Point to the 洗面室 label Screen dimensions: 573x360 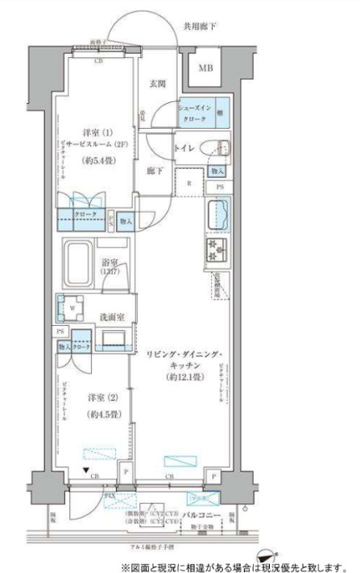[110, 316]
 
